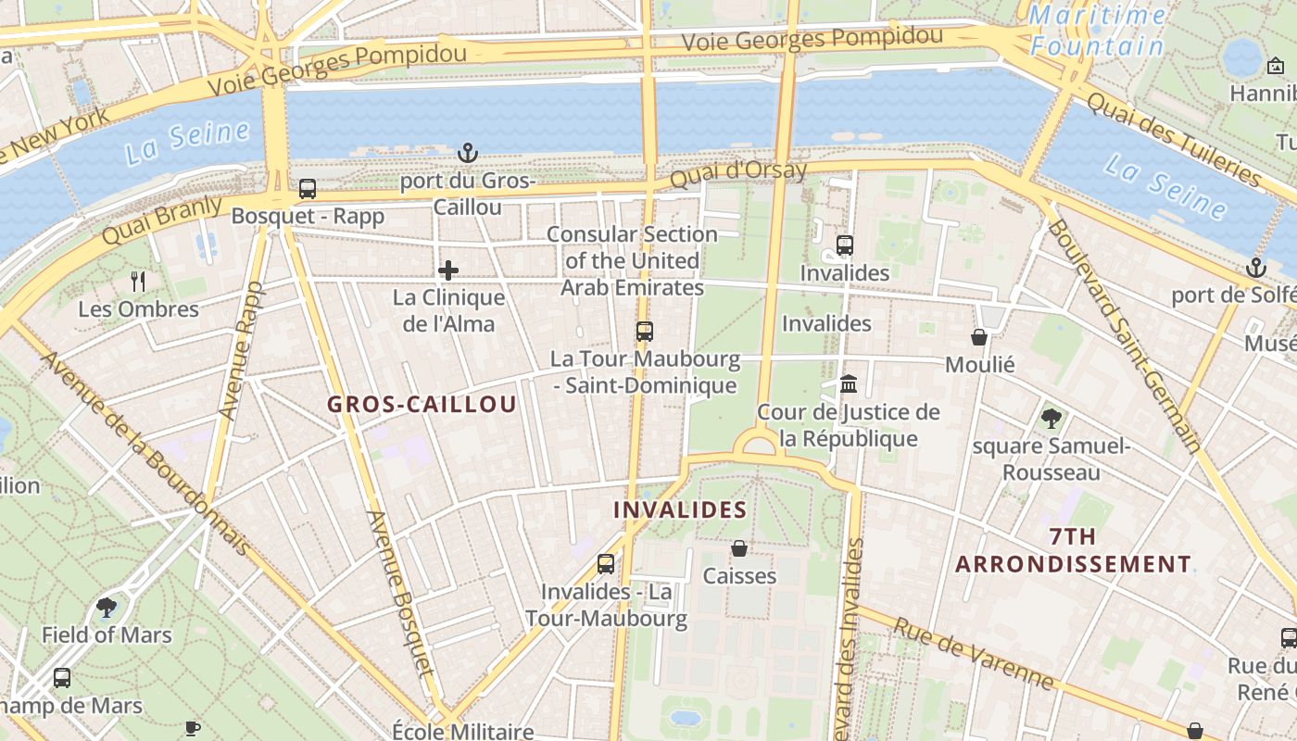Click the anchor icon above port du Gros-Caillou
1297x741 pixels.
pos(468,152)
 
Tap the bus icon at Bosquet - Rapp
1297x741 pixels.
pos(308,189)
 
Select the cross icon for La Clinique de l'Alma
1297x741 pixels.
pos(448,270)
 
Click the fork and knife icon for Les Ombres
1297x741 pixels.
pos(138,282)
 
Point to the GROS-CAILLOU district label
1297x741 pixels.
pos(422,405)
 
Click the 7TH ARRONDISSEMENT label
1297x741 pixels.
pos(1074,550)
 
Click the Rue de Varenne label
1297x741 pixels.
pos(973,654)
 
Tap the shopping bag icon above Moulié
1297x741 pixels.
pos(979,337)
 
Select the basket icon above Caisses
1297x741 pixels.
pos(739,548)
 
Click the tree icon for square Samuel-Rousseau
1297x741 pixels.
pos(1051,419)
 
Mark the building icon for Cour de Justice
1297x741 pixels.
pos(849,383)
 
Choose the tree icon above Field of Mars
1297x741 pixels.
pos(107,608)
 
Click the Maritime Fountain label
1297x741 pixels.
pos(1098,30)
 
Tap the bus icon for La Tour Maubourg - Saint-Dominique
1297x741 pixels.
pos(644,331)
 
